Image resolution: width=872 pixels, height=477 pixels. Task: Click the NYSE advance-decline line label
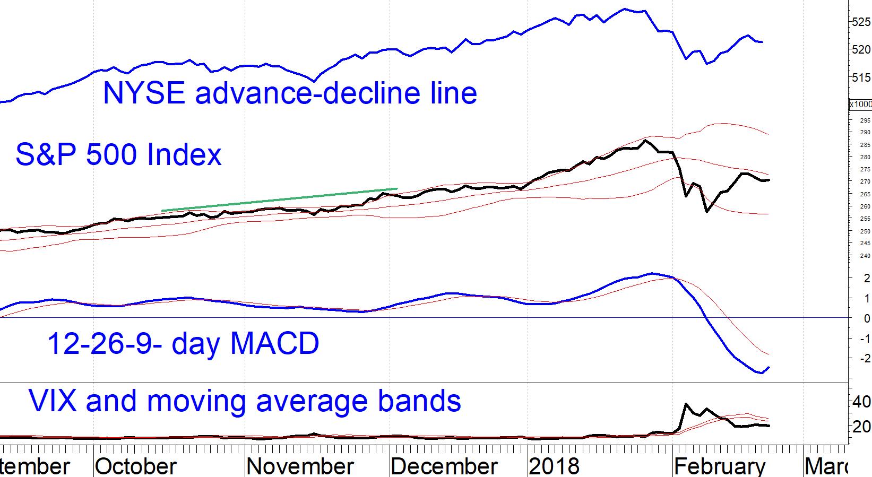(290, 93)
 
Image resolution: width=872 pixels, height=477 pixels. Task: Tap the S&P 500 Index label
(118, 155)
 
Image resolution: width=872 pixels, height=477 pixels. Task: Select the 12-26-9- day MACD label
(183, 343)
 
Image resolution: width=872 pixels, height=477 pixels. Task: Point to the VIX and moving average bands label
(245, 401)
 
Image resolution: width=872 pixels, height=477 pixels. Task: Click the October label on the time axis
(136, 466)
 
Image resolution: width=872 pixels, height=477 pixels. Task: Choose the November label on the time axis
(300, 466)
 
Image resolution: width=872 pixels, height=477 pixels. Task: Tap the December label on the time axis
(444, 466)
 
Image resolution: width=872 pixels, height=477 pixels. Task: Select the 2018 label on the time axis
(555, 466)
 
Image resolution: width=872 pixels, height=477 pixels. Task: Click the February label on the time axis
(720, 466)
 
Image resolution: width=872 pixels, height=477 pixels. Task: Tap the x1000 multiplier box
(860, 105)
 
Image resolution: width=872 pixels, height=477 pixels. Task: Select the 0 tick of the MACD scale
(867, 318)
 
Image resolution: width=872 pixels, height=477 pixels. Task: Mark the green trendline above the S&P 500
(279, 200)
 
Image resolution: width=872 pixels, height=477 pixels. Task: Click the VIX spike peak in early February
(687, 404)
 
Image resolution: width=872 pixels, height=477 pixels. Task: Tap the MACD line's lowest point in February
(762, 373)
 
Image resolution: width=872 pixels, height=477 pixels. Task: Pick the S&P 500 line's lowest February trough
(706, 212)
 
